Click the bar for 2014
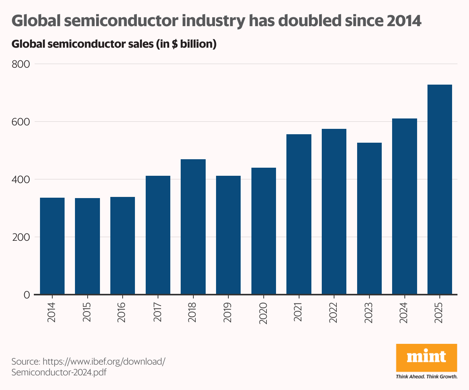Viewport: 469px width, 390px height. tap(52, 246)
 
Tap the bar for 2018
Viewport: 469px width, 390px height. tap(193, 227)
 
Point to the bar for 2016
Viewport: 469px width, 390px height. tap(123, 246)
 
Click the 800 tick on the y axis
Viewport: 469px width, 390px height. tap(21, 64)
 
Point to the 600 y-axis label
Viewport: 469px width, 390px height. tap(21, 122)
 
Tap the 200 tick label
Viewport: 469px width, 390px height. tap(21, 237)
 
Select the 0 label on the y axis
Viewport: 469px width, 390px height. tap(27, 295)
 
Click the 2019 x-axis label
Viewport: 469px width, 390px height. tap(228, 312)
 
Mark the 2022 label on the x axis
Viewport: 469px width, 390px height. tap(334, 312)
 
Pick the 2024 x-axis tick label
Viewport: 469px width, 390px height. tap(404, 312)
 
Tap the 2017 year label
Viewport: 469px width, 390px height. tap(158, 312)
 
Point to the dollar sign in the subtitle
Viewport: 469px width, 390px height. tap(175, 44)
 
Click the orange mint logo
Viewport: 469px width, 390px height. tap(426, 357)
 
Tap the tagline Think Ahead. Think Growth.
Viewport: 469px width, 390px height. tap(426, 377)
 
